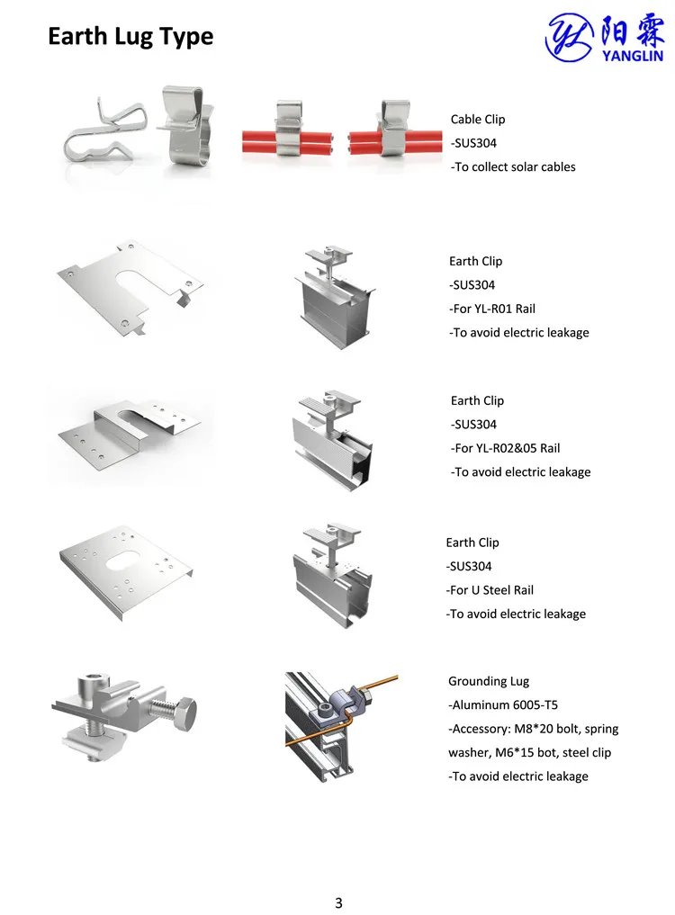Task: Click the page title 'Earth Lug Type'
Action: [x=130, y=37]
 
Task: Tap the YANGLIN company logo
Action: [x=605, y=37]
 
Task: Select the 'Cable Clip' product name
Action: [x=478, y=120]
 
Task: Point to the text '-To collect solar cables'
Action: [x=513, y=166]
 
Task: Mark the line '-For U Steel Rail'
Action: [x=490, y=590]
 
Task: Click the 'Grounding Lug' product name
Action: [x=489, y=681]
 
